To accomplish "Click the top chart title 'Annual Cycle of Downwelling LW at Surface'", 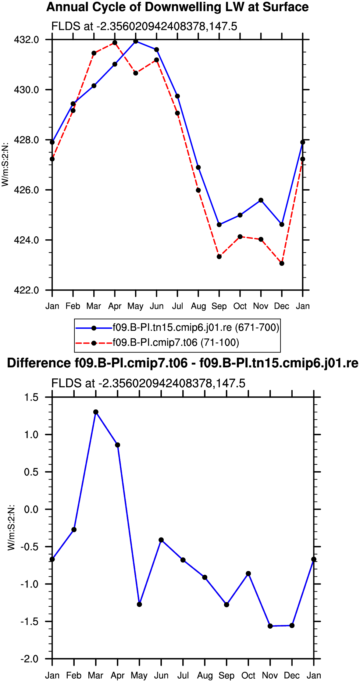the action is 177,7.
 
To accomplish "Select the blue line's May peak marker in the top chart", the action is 136,41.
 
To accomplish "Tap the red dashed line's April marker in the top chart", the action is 115,43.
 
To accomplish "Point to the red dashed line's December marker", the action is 282,263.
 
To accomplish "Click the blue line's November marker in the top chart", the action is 261,200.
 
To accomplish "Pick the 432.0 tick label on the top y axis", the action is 27,40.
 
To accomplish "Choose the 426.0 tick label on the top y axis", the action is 27,190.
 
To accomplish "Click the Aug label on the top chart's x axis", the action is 198,306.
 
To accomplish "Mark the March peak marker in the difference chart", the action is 96,412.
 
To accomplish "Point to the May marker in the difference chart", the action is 139,604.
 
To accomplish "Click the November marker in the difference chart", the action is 270,626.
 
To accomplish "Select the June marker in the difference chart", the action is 161,540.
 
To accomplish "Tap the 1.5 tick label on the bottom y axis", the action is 32,397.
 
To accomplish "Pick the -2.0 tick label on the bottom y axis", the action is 30,659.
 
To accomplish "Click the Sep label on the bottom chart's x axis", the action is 226,676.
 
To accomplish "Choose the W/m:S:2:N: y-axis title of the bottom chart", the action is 11,527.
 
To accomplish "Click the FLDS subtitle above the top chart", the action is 144,27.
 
